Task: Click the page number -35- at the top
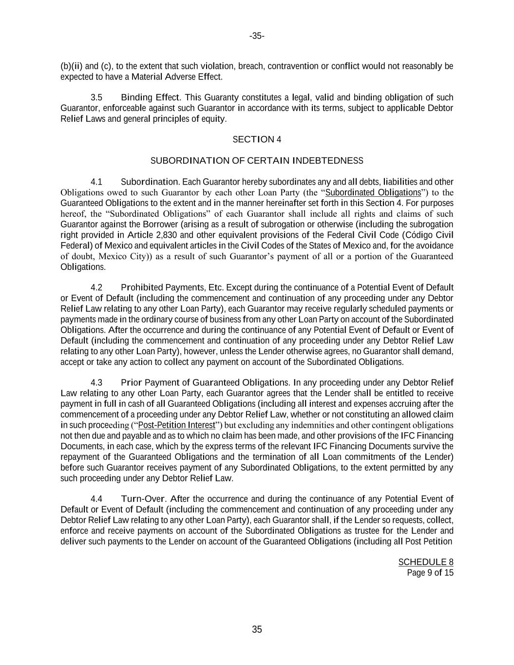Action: click(x=257, y=36)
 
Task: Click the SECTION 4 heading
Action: click(x=257, y=140)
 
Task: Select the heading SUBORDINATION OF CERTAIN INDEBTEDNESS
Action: click(x=257, y=161)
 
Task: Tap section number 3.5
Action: click(x=96, y=97)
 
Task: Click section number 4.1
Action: click(x=96, y=182)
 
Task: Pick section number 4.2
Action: click(x=96, y=287)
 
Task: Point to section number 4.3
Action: click(x=96, y=383)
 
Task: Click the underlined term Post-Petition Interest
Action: click(x=177, y=425)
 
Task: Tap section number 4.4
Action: click(x=96, y=499)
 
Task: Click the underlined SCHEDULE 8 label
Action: click(x=426, y=562)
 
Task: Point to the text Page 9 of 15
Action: click(x=430, y=573)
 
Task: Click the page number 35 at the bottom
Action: click(x=257, y=629)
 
